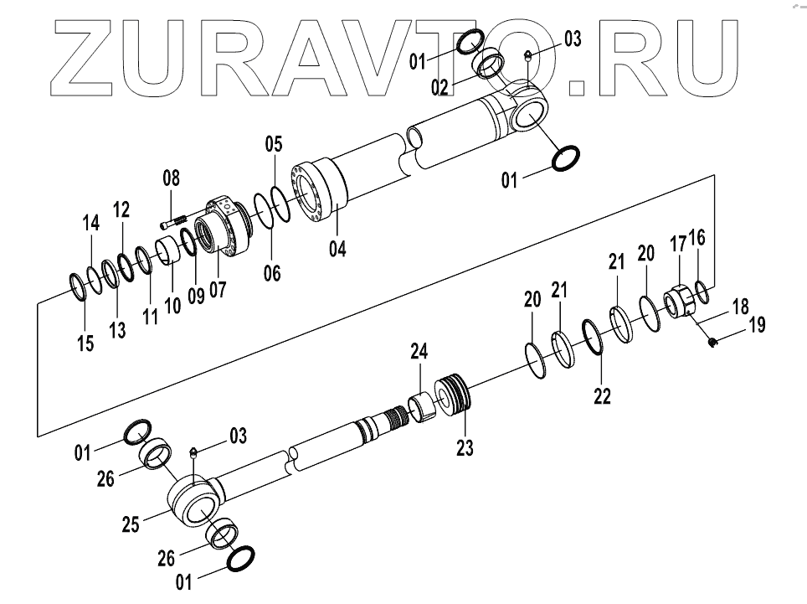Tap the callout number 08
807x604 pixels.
tap(171, 178)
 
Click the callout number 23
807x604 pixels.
tap(464, 449)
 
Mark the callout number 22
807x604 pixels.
tap(603, 395)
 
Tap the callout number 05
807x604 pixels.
tap(274, 144)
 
